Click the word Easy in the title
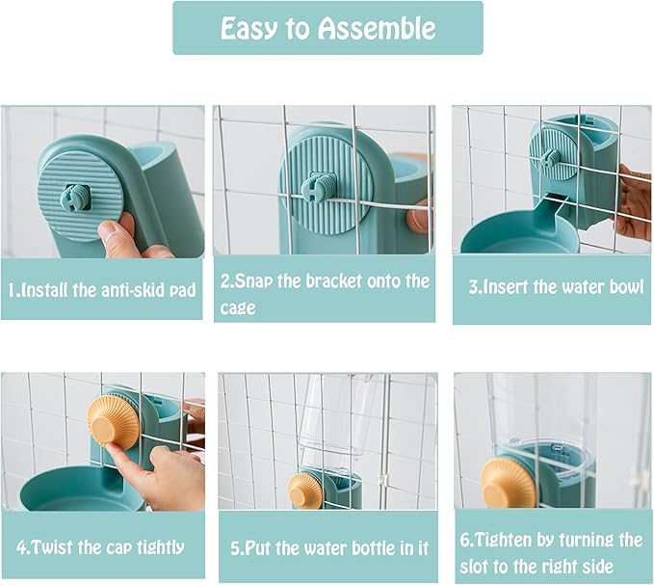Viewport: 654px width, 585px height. pyautogui.click(x=254, y=28)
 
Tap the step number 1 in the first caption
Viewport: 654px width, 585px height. pyautogui.click(x=13, y=289)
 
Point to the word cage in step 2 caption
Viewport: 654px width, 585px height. pyautogui.click(x=238, y=307)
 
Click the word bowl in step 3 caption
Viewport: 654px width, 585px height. pyautogui.click(x=624, y=287)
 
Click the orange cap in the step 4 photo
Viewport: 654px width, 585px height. pyautogui.click(x=114, y=422)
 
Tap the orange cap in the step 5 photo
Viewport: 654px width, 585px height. pyautogui.click(x=306, y=491)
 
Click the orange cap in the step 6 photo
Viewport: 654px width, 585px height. pyautogui.click(x=509, y=485)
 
